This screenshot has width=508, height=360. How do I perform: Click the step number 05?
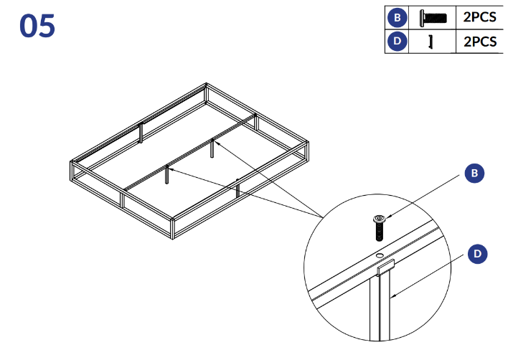pyautogui.click(x=37, y=26)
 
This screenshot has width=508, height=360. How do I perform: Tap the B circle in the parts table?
pyautogui.click(x=397, y=17)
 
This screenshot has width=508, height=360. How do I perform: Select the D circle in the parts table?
pyautogui.click(x=397, y=42)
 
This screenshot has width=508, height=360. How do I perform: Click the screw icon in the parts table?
pyautogui.click(x=433, y=17)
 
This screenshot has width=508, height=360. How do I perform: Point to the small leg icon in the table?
pyautogui.click(x=431, y=42)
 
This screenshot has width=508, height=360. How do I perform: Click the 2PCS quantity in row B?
pyautogui.click(x=479, y=17)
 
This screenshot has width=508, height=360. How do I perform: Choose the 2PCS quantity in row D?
pyautogui.click(x=480, y=42)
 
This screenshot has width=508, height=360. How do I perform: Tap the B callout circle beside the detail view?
pyautogui.click(x=474, y=174)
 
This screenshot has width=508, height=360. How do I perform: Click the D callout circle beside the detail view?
pyautogui.click(x=478, y=254)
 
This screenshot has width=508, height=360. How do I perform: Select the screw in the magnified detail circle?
pyautogui.click(x=380, y=227)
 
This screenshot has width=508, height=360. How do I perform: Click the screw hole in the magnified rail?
pyautogui.click(x=380, y=256)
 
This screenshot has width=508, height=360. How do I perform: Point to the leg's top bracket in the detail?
pyautogui.click(x=385, y=267)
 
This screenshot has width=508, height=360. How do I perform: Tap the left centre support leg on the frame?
pyautogui.click(x=167, y=174)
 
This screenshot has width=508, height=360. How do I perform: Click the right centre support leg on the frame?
pyautogui.click(x=212, y=148)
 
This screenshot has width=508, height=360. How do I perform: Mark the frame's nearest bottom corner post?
pyautogui.click(x=172, y=229)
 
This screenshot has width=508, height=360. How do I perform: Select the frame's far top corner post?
pyautogui.click(x=206, y=93)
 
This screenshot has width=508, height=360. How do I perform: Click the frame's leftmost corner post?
pyautogui.click(x=72, y=171)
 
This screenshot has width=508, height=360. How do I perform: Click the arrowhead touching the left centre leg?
pyautogui.click(x=171, y=169)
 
